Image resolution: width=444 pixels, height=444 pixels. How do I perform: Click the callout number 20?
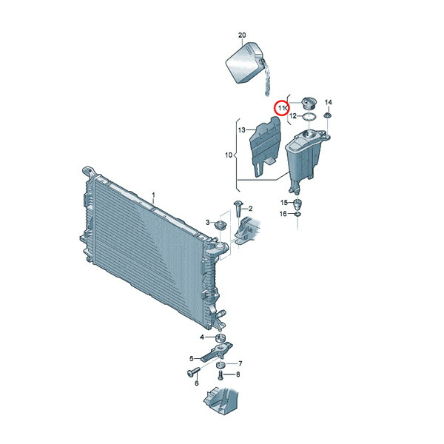(242, 36)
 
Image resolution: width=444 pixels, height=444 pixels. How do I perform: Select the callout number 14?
(328, 102)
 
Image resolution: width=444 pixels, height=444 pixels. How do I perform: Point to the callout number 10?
(229, 155)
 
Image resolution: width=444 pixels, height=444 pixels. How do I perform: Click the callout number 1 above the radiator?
(153, 195)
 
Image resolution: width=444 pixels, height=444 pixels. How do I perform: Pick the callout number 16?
(283, 214)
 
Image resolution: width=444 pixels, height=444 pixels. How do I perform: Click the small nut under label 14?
(328, 116)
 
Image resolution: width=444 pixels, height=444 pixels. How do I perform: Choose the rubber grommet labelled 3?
(220, 226)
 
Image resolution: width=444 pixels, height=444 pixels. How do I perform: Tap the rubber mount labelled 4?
(220, 338)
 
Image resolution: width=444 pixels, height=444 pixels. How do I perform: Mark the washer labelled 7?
(221, 365)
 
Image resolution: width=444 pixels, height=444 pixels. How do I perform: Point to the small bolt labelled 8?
(221, 375)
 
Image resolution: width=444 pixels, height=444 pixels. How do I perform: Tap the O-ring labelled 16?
(297, 215)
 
